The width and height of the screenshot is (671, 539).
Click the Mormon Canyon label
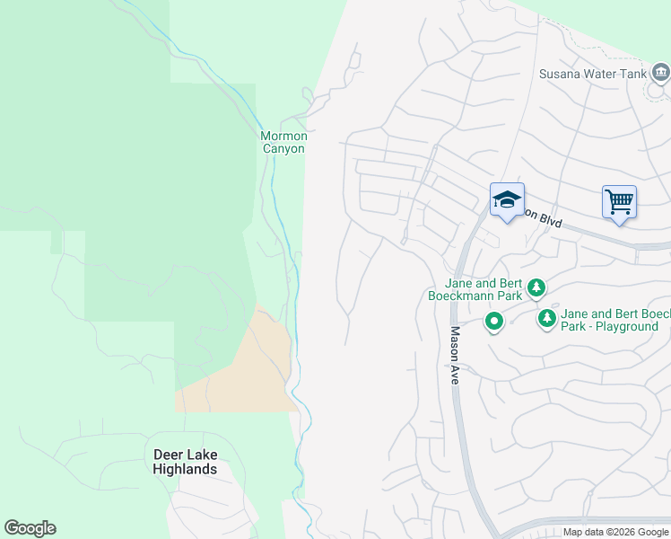(x=283, y=142)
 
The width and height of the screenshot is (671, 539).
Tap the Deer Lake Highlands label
(x=185, y=462)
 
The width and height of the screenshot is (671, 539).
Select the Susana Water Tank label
(x=591, y=74)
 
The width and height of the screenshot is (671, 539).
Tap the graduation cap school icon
(x=507, y=200)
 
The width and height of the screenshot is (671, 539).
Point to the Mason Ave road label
(x=455, y=356)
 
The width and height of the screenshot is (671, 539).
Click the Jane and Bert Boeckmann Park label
(x=473, y=288)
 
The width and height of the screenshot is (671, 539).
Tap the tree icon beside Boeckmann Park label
(x=536, y=287)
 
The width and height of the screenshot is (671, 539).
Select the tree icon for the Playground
(x=546, y=318)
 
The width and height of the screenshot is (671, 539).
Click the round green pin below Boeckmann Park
(x=493, y=320)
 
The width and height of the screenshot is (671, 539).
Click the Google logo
(x=30, y=528)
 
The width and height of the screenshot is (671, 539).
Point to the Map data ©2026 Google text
(x=616, y=532)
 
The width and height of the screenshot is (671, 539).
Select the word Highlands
(x=185, y=469)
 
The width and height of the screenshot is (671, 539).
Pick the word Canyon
(x=283, y=148)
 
